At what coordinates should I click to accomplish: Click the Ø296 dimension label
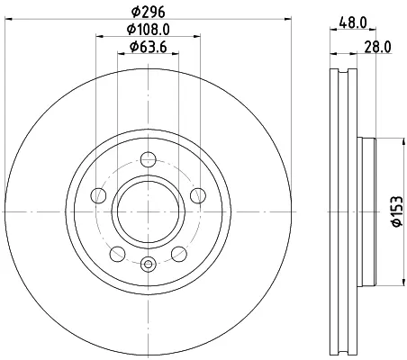point(149,12)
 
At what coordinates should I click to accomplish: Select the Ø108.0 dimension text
point(149,30)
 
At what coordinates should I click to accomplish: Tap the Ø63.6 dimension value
point(149,47)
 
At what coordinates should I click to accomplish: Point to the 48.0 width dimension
point(353,22)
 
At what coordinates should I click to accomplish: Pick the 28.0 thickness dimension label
point(378,47)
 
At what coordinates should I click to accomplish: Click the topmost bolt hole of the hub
point(149,159)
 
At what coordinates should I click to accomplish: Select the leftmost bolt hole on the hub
point(98,195)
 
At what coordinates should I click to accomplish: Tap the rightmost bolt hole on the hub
point(198,195)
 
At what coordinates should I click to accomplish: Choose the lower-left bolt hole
point(117,254)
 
